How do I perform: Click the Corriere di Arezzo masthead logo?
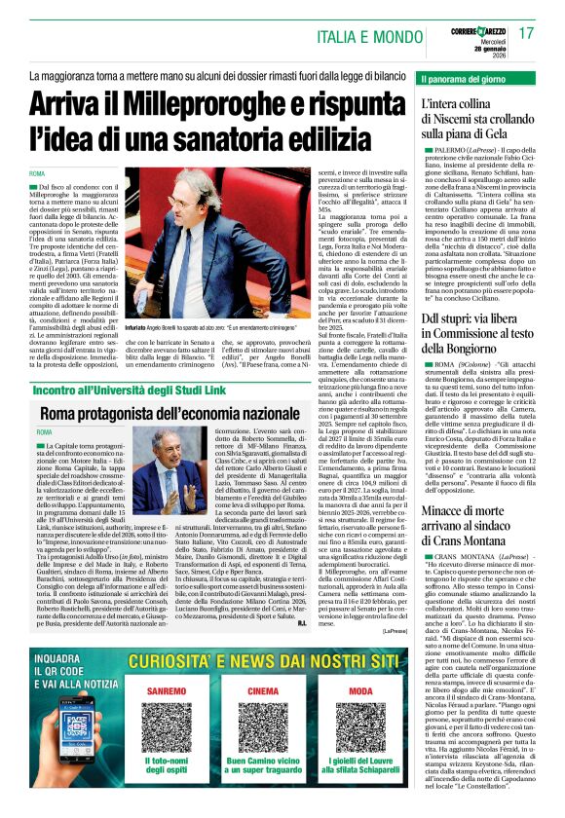click(478, 29)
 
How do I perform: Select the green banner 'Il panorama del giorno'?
click(466, 77)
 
